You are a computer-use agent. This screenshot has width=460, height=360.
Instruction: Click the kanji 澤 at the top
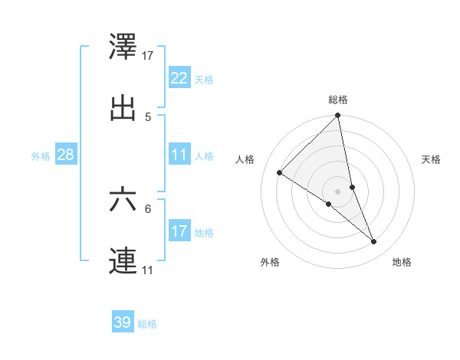coord(123,48)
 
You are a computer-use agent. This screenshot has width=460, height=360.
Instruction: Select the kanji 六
coord(123,201)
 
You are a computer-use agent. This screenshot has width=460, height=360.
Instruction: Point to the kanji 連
coord(123,260)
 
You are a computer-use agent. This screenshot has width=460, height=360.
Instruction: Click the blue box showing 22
coord(179,78)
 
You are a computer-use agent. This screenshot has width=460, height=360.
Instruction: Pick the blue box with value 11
coord(179,155)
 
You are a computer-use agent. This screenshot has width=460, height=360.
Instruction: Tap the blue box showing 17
coord(179,231)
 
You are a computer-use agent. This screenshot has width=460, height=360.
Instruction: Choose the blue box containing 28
coord(66,155)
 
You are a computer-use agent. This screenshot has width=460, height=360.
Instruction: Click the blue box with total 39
coord(123,322)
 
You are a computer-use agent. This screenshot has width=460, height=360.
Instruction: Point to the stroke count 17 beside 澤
coord(149,55)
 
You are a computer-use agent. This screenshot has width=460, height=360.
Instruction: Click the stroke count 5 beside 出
coord(148,116)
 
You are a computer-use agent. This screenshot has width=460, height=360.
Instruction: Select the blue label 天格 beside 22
coord(204,79)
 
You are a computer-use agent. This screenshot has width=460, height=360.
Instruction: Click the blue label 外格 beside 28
coord(41,155)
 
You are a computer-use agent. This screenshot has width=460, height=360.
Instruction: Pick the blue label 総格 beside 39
coord(147,323)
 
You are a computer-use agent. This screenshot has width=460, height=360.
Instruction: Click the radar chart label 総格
coord(338,100)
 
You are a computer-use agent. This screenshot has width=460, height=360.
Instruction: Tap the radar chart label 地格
coord(402,262)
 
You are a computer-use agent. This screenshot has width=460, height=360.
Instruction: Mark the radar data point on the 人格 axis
coord(280,172)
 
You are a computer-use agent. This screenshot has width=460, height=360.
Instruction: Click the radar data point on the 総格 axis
coord(338,116)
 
